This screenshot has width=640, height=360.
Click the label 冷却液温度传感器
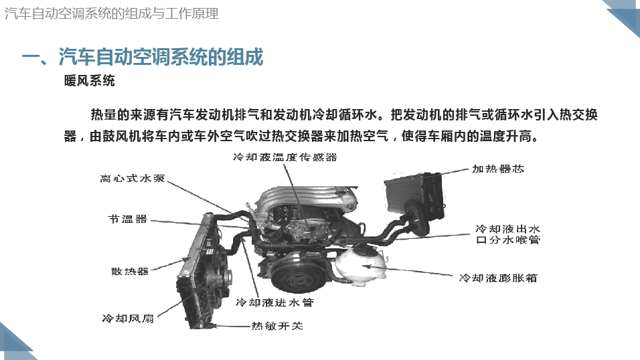(x=285, y=157)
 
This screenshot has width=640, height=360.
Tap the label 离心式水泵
(x=133, y=179)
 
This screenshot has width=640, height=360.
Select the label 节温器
(x=127, y=219)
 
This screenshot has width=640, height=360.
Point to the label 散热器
(x=129, y=271)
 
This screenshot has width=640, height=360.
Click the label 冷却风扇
(x=128, y=319)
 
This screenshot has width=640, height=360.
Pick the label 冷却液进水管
(x=274, y=302)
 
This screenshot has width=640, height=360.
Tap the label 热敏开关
(x=277, y=326)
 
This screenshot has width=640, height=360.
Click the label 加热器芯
(x=498, y=169)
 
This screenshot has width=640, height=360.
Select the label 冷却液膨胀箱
(x=498, y=278)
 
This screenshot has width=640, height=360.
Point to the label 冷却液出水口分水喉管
(x=508, y=234)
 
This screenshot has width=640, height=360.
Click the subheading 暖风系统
(x=90, y=81)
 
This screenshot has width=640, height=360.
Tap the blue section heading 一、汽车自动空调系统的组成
(x=143, y=57)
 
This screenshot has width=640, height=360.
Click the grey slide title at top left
(x=111, y=13)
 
